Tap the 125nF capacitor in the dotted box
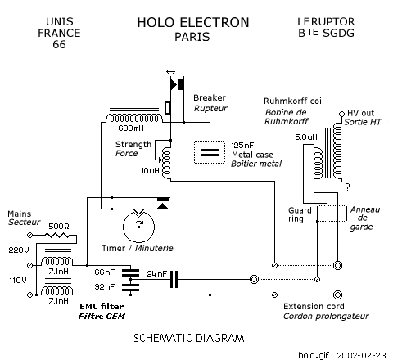coord(210,152)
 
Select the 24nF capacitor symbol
coord(174,279)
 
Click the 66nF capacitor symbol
coord(130,272)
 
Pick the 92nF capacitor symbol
coord(130,287)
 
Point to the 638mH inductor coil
coord(133,118)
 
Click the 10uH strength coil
coord(166,164)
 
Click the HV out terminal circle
coord(341,114)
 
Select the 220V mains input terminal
coord(30,265)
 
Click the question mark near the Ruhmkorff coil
coord(347,187)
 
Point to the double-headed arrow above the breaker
coord(170,72)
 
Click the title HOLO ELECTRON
coord(193,22)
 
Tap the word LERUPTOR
coord(326,21)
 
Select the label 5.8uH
coord(306,137)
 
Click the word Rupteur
coord(210,108)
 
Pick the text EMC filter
coord(102,306)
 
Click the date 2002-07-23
coord(361,355)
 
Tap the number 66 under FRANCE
coord(59,44)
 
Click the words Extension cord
coord(314,306)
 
